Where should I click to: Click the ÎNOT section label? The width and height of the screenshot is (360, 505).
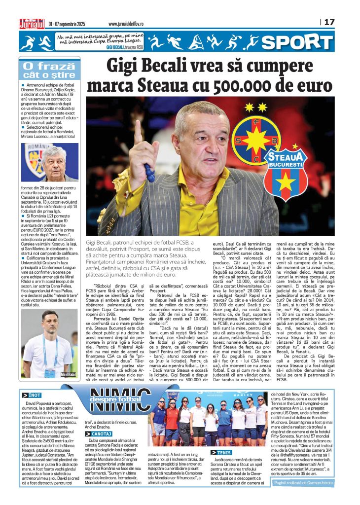pyautogui.click(x=32, y=396)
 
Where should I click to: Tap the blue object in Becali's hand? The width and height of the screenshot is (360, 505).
pyautogui.click(x=149, y=172)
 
